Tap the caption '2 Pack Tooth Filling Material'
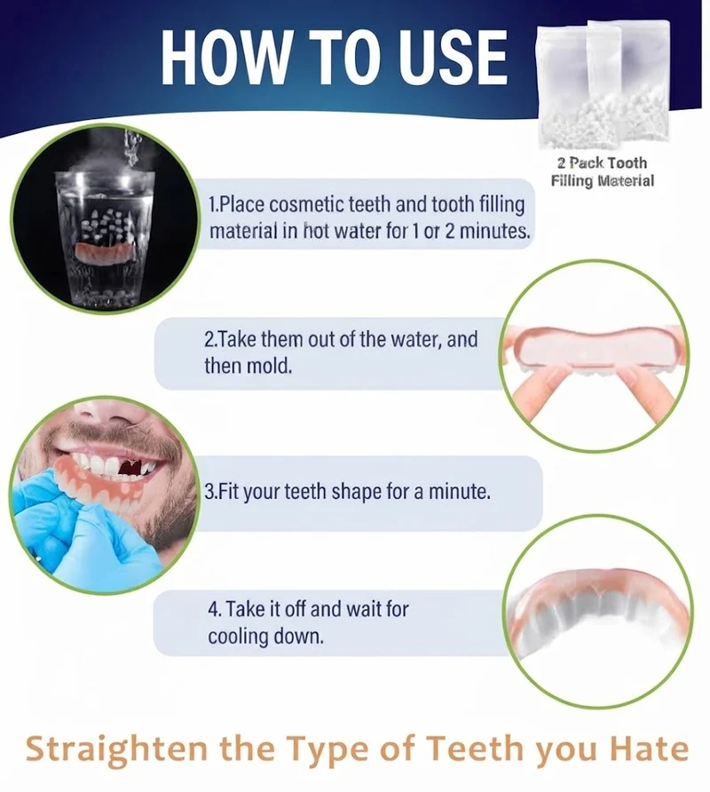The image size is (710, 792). [602, 171]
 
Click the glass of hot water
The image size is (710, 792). [105, 237]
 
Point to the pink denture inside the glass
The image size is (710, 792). [106, 251]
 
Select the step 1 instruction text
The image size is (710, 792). [370, 218]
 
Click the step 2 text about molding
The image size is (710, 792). [341, 352]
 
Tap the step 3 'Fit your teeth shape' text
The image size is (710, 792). [347, 491]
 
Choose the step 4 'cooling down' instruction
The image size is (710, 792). [308, 622]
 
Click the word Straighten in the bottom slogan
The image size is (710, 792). [116, 750]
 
